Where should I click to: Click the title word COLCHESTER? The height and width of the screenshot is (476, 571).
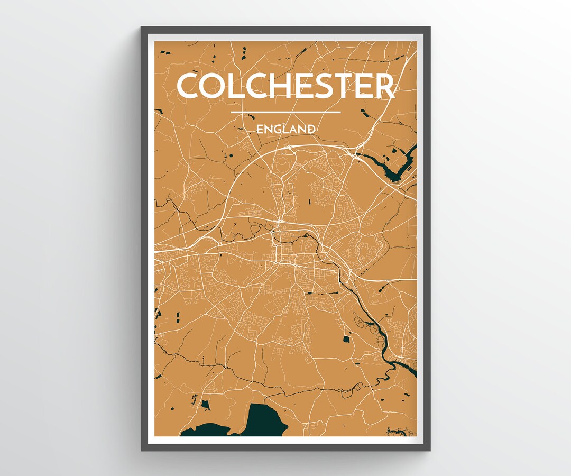click(285, 86)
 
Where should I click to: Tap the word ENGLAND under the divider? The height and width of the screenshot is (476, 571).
click(285, 129)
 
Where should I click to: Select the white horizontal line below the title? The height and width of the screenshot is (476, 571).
click(285, 112)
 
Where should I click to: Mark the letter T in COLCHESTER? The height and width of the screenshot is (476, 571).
click(353, 86)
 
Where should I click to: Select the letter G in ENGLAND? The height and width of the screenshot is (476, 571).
click(276, 129)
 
